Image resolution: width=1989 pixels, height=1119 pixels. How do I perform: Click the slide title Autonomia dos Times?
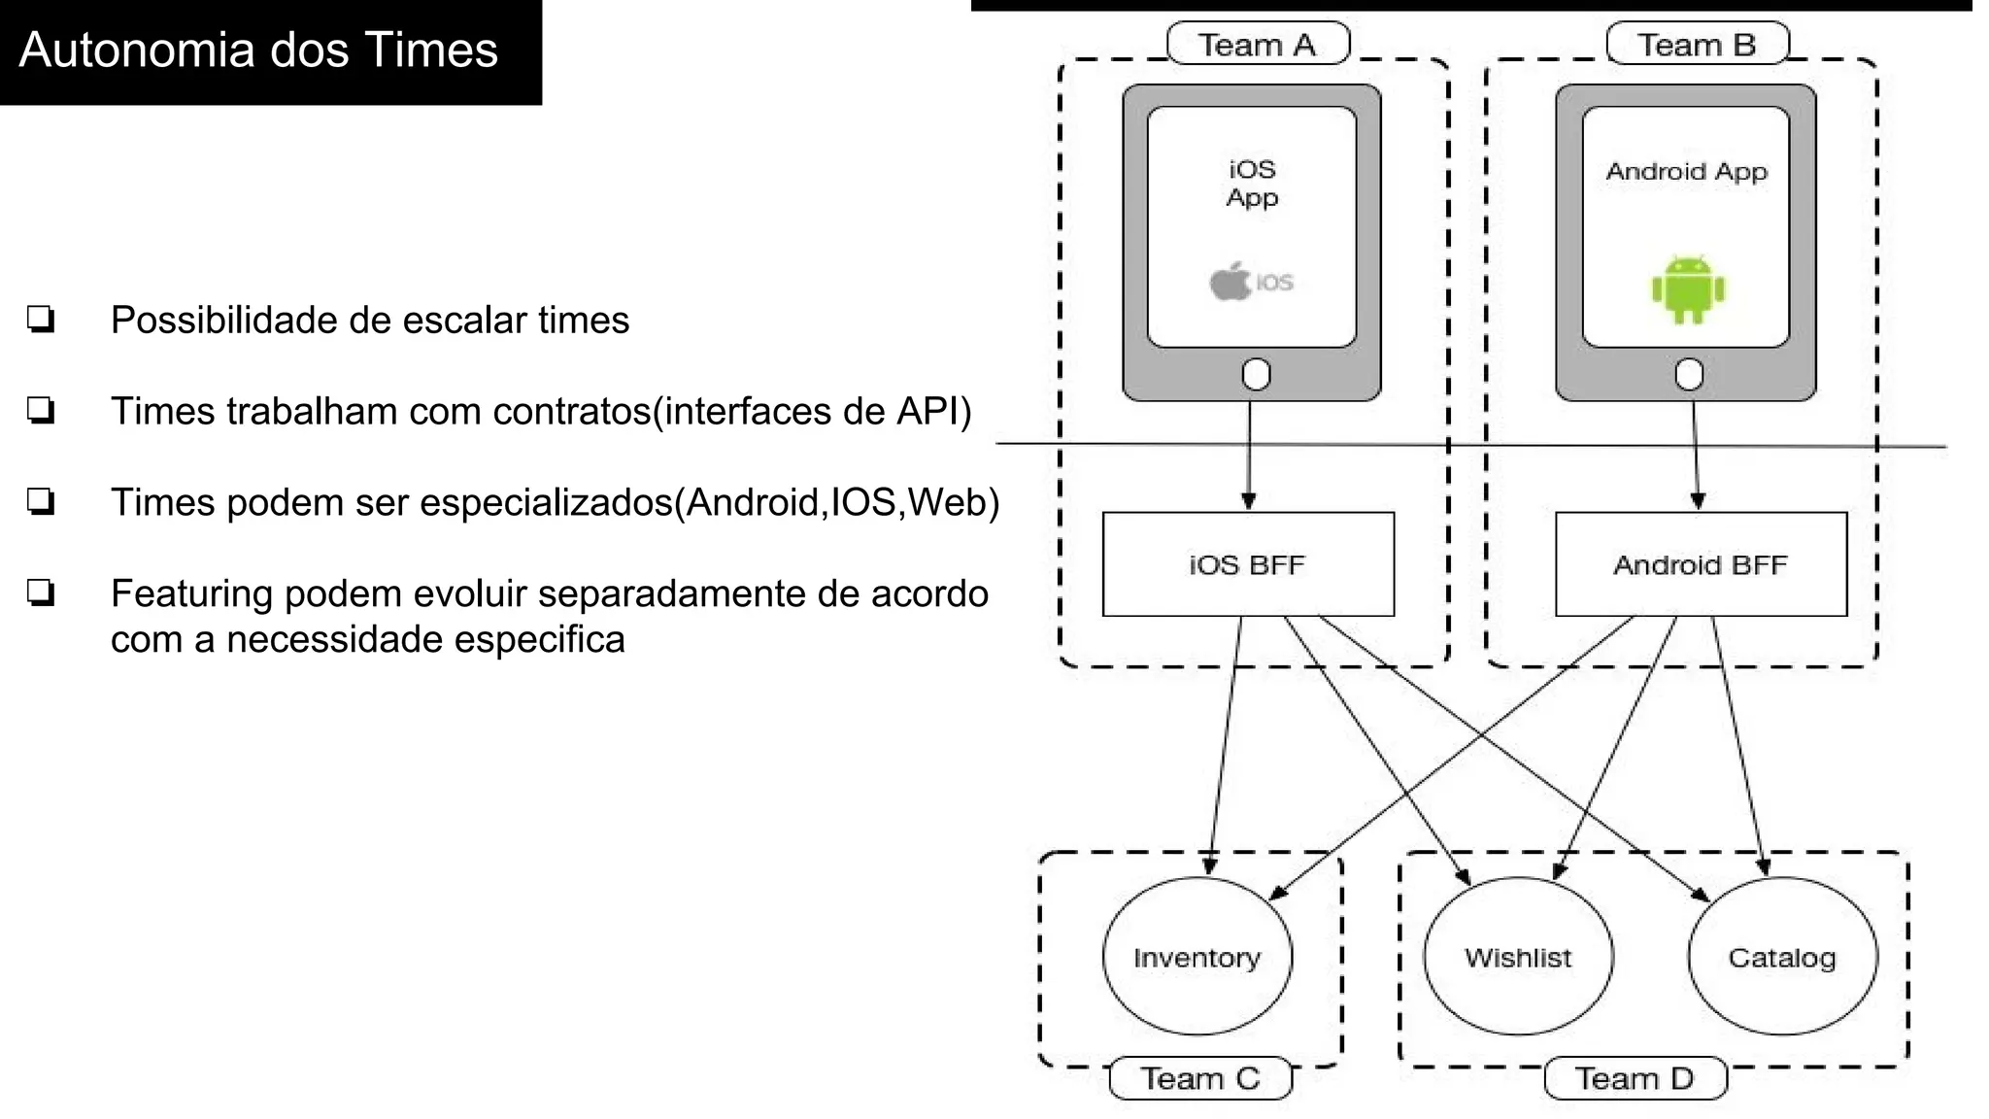pyautogui.click(x=258, y=50)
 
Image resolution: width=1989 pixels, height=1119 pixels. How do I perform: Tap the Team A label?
pyautogui.click(x=1257, y=45)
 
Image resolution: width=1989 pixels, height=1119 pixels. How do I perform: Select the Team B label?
pyautogui.click(x=1697, y=45)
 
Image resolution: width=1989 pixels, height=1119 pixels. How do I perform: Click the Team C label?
pyautogui.click(x=1200, y=1078)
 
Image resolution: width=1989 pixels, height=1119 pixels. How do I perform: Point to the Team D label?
pyautogui.click(x=1635, y=1078)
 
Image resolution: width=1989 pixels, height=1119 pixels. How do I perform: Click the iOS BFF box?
pyautogui.click(x=1248, y=564)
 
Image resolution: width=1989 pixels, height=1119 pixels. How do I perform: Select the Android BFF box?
pyautogui.click(x=1701, y=564)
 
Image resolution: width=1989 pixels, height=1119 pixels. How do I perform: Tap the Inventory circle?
pyautogui.click(x=1197, y=957)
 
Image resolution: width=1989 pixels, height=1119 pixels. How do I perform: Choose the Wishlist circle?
pyautogui.click(x=1518, y=957)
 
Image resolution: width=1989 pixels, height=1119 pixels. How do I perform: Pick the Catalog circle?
pyautogui.click(x=1782, y=957)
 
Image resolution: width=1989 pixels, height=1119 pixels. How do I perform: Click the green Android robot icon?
pyautogui.click(x=1688, y=289)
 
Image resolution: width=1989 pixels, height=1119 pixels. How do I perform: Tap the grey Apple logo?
pyautogui.click(x=1230, y=282)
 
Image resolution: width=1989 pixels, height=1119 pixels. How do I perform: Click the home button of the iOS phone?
pyautogui.click(x=1256, y=374)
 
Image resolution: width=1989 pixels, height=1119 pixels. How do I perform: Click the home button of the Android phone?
pyautogui.click(x=1689, y=374)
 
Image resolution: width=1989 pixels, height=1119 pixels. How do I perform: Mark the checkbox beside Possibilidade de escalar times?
pyautogui.click(x=41, y=319)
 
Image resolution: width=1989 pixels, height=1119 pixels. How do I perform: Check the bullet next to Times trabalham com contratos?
pyautogui.click(x=41, y=410)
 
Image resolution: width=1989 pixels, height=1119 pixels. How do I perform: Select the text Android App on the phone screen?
pyautogui.click(x=1686, y=172)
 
